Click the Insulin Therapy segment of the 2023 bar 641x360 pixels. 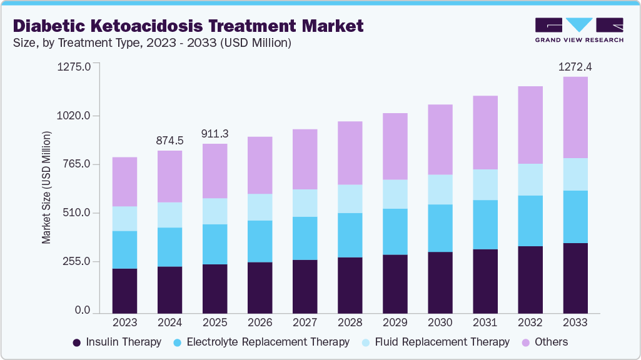coord(124,290)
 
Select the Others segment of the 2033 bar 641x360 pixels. coord(575,117)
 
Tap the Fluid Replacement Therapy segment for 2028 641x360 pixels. coord(350,199)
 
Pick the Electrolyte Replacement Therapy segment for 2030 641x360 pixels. coord(440,228)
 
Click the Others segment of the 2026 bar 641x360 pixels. coord(260,165)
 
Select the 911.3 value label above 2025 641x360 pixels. coord(215,134)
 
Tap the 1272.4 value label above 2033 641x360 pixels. coord(575,67)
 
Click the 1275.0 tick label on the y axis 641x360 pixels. coord(74,67)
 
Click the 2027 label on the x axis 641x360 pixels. coord(305,322)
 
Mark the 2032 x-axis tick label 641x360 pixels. coord(530,322)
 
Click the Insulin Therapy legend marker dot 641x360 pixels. coord(77,342)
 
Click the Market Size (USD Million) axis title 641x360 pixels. coord(46,188)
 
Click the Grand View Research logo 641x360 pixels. coord(579,30)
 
